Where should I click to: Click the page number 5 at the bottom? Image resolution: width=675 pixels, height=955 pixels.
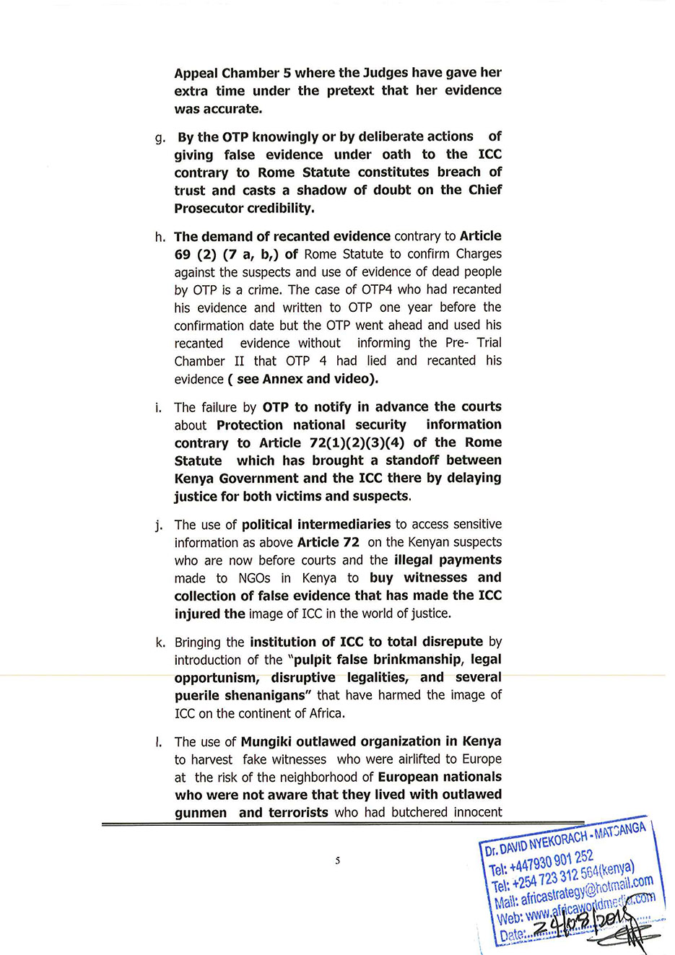tap(337, 860)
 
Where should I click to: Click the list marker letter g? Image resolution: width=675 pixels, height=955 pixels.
tap(160, 138)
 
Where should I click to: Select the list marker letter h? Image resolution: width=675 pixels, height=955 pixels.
tap(160, 237)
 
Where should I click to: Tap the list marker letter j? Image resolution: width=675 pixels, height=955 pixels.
tap(159, 526)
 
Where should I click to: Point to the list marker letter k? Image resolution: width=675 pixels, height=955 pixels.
tap(160, 642)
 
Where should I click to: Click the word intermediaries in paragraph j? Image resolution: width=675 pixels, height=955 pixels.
tap(344, 524)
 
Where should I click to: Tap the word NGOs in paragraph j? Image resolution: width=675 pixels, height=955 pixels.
tap(253, 577)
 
